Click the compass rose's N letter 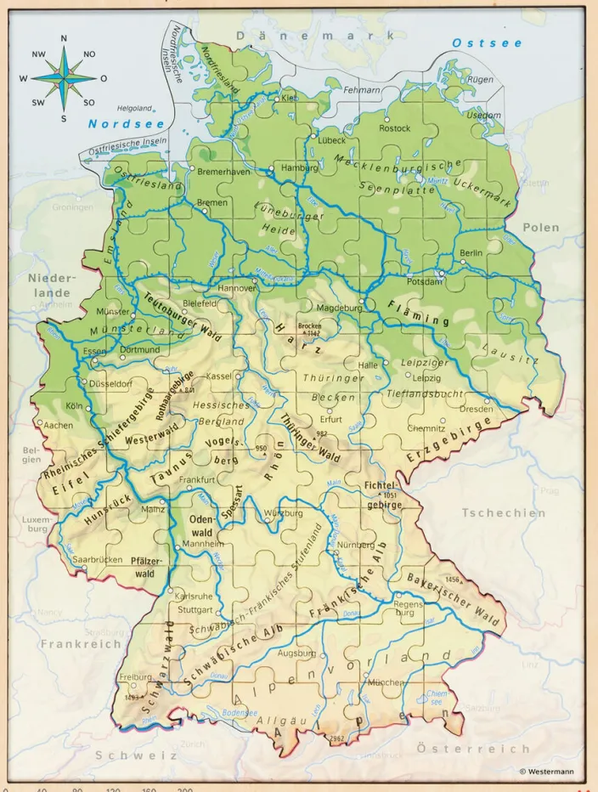tap(65, 38)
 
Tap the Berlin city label tap(471, 253)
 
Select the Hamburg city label tap(298, 168)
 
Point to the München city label tap(385, 682)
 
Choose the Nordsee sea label tap(120, 124)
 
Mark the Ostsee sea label tap(487, 42)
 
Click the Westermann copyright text tap(552, 772)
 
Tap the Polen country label tap(541, 228)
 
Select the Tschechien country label tap(504, 512)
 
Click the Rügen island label tap(480, 79)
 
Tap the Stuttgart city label tap(195, 609)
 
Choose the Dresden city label tap(476, 409)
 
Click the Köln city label tap(74, 406)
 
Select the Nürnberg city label tap(356, 545)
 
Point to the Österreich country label tap(474, 749)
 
